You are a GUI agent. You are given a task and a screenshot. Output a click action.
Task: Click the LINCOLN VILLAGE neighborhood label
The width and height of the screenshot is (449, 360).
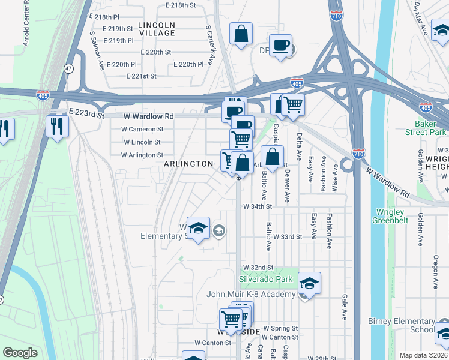pos(157,29)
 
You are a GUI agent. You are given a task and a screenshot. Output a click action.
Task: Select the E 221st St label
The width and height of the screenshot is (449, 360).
pos(141,76)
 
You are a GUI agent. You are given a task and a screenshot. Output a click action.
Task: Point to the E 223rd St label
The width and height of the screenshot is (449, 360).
pos(86,113)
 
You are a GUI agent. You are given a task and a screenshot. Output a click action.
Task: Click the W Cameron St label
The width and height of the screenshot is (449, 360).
pos(142,129)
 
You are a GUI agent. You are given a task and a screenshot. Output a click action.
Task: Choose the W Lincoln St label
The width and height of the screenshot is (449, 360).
pos(142,142)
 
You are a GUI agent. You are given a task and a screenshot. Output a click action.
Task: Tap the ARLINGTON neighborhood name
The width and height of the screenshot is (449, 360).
pos(189,164)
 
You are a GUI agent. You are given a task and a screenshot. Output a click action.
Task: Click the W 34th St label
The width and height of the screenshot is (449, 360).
pos(258,206)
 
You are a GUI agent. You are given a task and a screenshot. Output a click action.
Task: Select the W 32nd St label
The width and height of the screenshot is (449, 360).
pos(258,267)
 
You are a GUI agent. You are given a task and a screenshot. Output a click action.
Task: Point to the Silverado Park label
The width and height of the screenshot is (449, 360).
pos(265,280)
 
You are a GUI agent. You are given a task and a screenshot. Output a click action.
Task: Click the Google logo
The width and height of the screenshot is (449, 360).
pos(20,353)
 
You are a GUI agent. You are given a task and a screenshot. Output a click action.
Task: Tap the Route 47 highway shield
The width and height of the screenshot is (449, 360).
pos(70,68)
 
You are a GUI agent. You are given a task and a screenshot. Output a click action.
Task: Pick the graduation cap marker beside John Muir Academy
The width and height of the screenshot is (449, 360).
pos(310,283)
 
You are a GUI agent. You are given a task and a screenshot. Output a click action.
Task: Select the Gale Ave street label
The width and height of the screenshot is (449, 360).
pos(345,306)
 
